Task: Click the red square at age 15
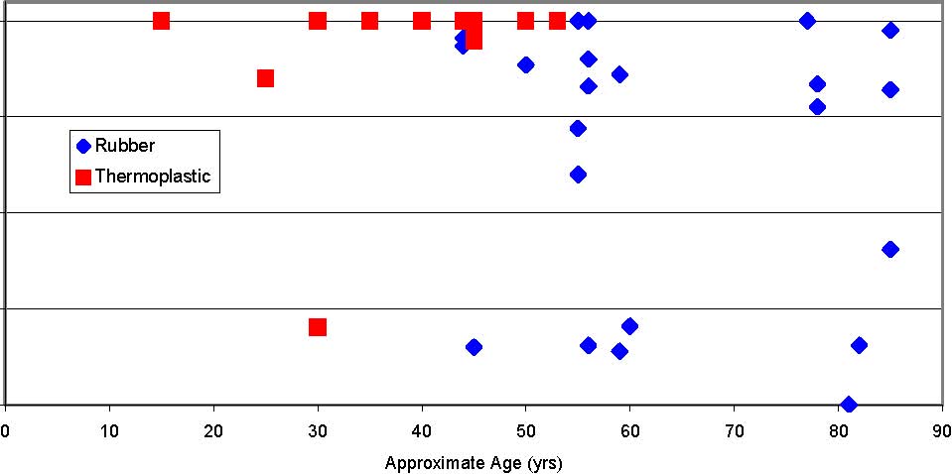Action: tap(161, 21)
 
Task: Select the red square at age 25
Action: tap(265, 78)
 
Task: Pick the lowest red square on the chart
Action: tap(318, 327)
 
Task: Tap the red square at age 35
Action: tap(369, 21)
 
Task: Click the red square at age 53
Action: tap(557, 21)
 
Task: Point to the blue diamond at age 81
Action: tap(848, 404)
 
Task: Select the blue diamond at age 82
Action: tap(859, 345)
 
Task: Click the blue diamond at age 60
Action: tap(629, 326)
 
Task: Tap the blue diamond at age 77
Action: tap(807, 21)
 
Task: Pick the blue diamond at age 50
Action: tap(526, 64)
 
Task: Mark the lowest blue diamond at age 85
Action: tap(890, 249)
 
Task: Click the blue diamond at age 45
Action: tap(474, 347)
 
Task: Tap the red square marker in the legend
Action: tap(83, 177)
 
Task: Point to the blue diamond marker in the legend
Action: tap(83, 146)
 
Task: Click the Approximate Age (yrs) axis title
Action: tap(474, 462)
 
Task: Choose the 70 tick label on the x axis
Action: tap(735, 431)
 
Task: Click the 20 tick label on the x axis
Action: tap(213, 431)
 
